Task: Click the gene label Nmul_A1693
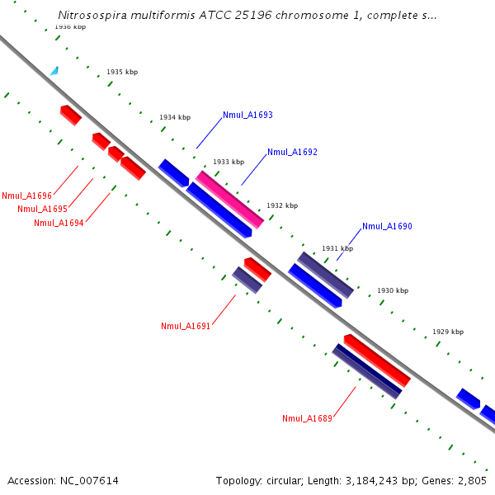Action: (247, 115)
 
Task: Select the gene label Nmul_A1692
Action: (292, 153)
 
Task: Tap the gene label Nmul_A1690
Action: (387, 226)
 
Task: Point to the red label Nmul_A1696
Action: (26, 196)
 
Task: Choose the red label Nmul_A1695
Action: (42, 210)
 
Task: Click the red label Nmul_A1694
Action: (59, 223)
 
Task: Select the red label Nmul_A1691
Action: (186, 326)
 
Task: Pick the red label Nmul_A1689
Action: (307, 419)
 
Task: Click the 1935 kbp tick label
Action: (122, 73)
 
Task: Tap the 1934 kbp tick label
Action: (175, 118)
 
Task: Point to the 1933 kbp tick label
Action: (229, 163)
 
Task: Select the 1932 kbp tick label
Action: (282, 205)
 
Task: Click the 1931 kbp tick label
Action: (337, 248)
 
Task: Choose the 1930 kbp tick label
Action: (393, 291)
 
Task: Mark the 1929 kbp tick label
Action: (448, 332)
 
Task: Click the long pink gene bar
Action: (230, 200)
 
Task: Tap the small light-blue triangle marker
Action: (54, 71)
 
